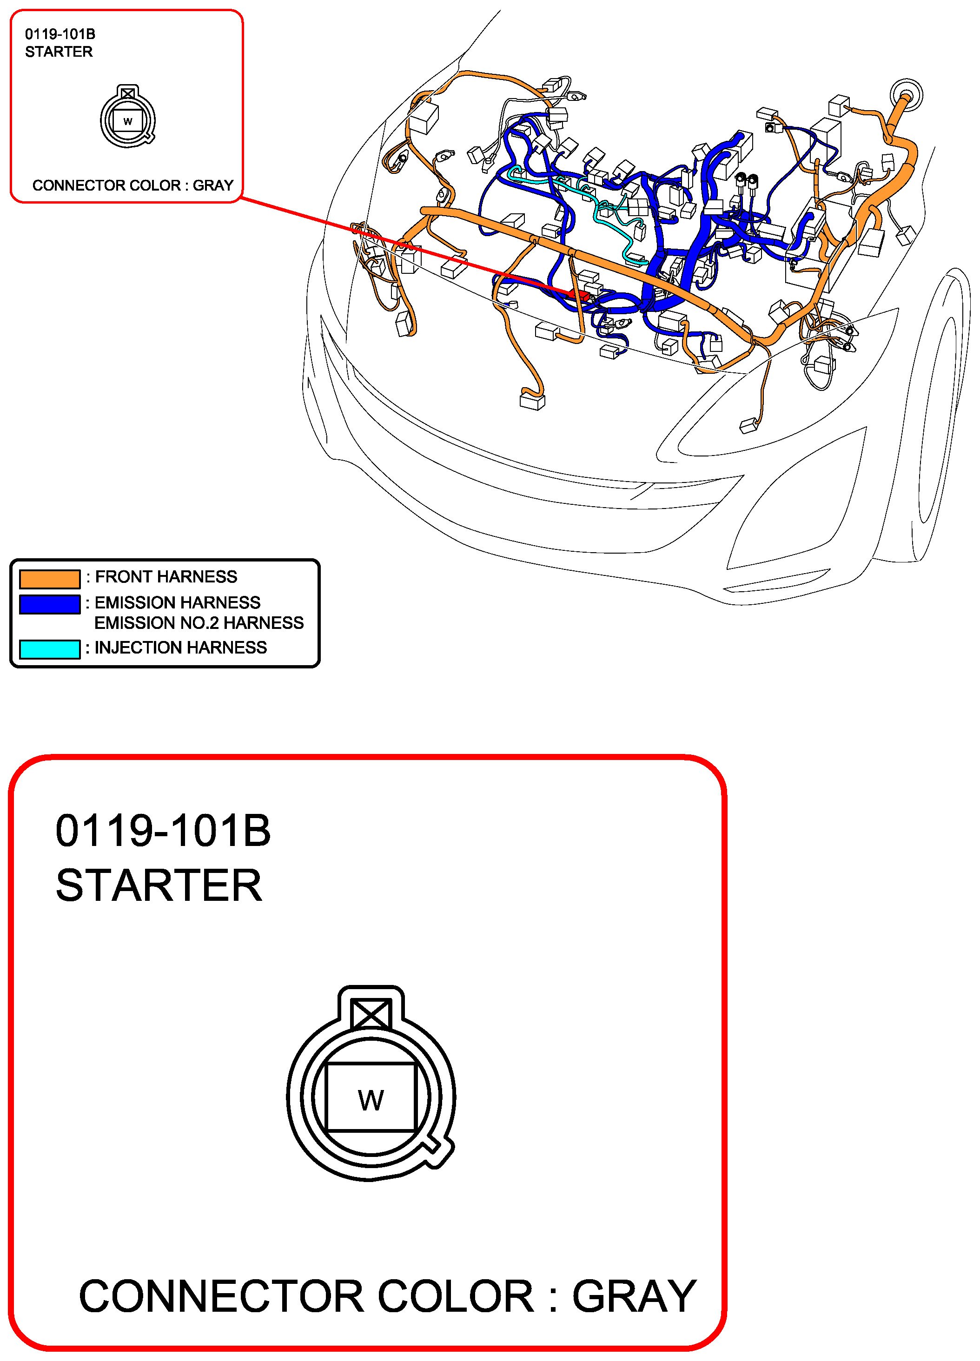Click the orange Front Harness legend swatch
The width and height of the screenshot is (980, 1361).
(50, 579)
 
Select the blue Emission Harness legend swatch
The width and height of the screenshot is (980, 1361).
(50, 604)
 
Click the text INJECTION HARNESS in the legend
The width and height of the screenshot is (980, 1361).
(181, 647)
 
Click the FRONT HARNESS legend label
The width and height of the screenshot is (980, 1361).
(166, 577)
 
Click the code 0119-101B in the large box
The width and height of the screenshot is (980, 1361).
(163, 831)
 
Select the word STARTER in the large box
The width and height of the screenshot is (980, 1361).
(159, 885)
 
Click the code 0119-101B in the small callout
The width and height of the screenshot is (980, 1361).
(60, 34)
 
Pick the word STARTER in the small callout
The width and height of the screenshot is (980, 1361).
(59, 52)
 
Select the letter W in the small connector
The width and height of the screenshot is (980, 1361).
(128, 122)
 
